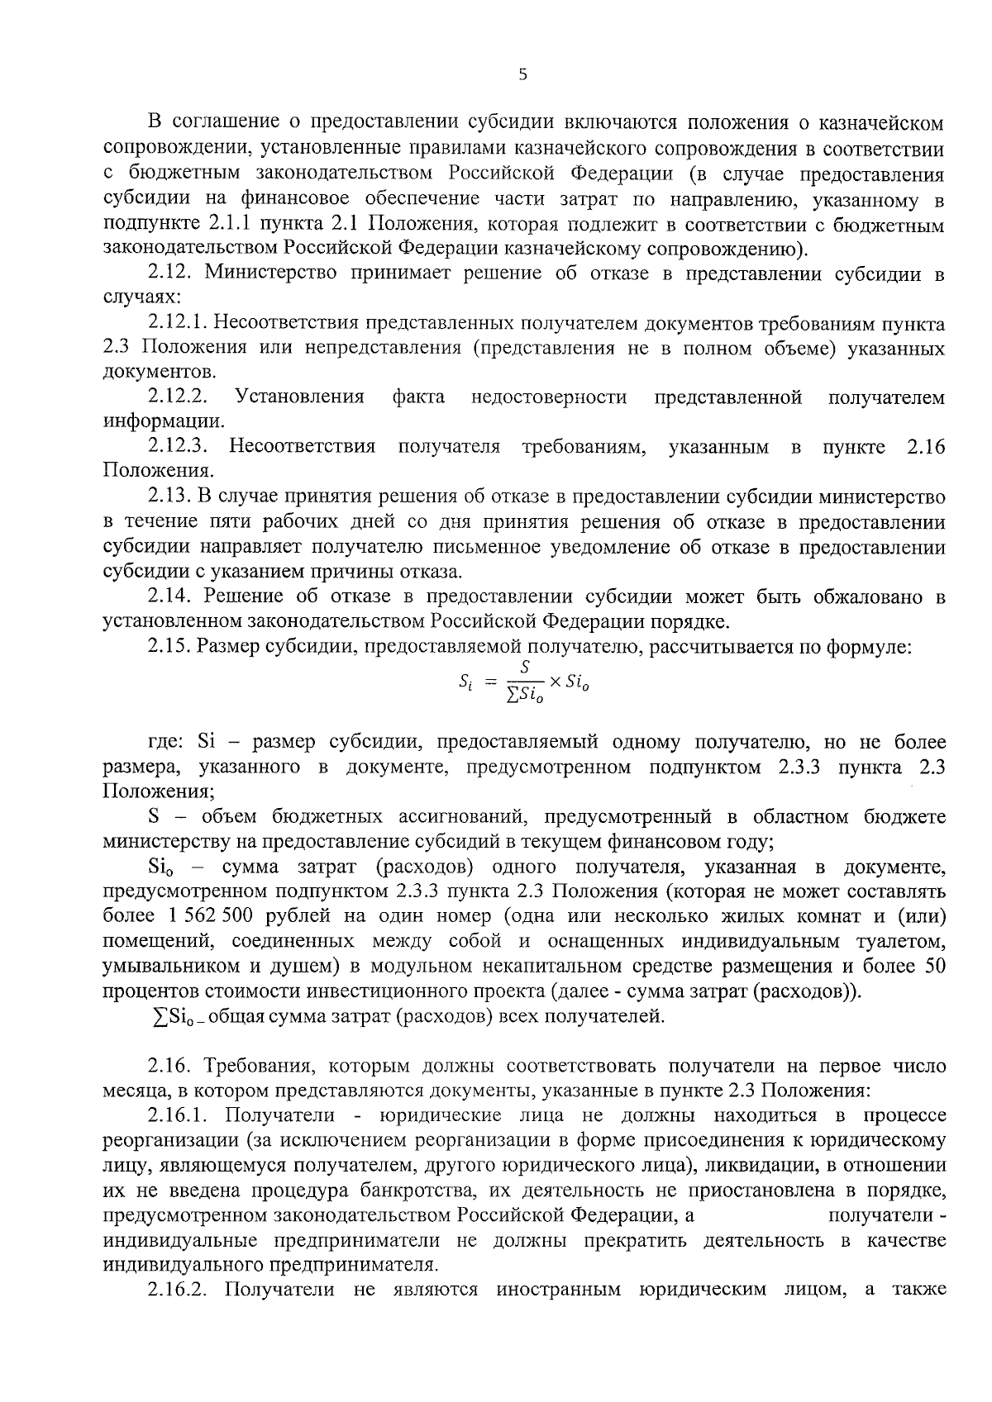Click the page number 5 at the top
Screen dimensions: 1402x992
point(522,75)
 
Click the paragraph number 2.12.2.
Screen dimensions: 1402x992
point(178,397)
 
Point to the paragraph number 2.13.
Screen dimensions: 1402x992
point(169,497)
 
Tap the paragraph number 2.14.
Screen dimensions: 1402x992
point(169,596)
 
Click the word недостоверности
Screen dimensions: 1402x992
point(549,397)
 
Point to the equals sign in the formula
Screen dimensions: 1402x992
point(490,683)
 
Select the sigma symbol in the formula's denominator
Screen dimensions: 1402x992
point(513,697)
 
